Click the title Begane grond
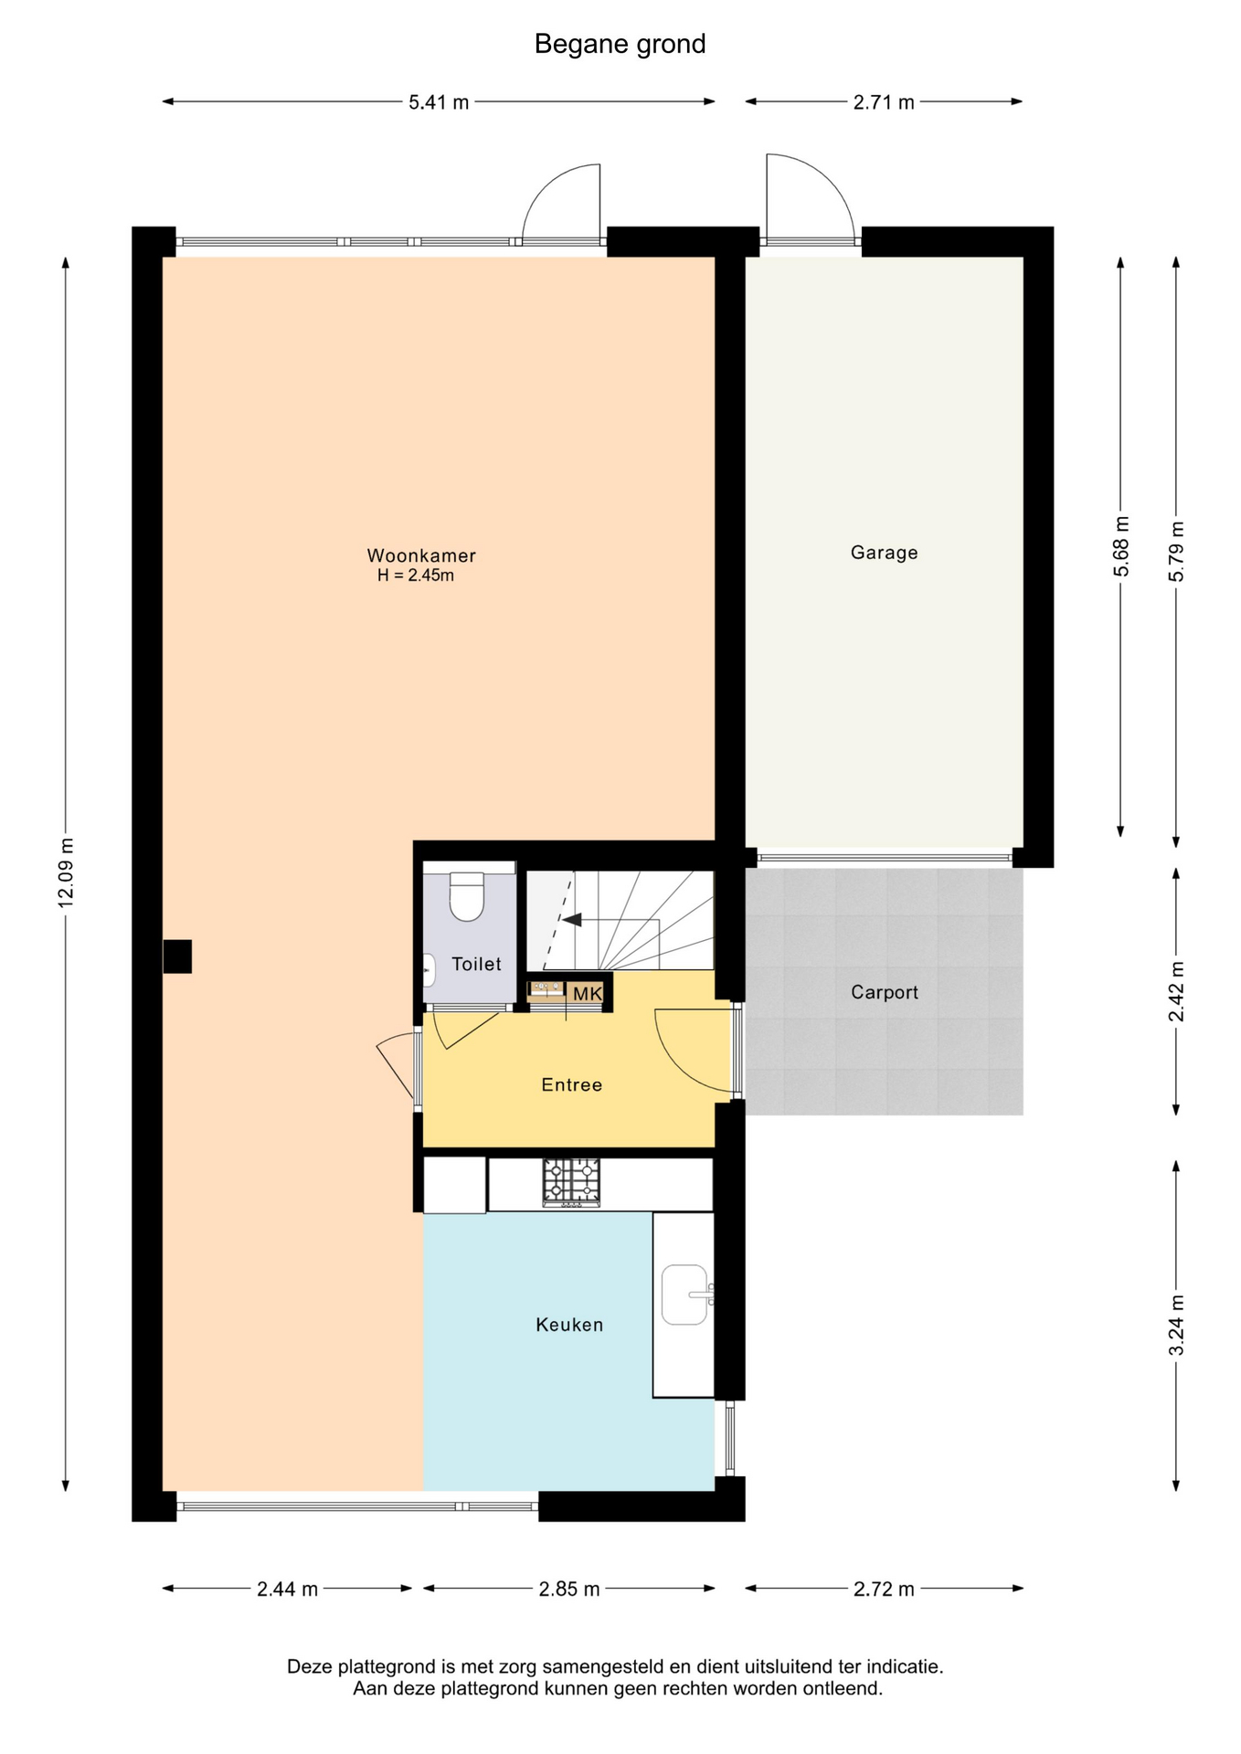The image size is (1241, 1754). [x=620, y=45]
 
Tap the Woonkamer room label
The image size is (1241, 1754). [x=421, y=555]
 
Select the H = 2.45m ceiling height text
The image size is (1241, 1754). [x=416, y=576]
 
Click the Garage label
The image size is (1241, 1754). [x=884, y=553]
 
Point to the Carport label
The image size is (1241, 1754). [x=884, y=992]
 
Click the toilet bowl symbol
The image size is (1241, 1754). [x=467, y=896]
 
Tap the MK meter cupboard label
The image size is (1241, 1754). [x=588, y=993]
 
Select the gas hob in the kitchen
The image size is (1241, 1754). [x=572, y=1182]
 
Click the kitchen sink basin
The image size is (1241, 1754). [x=684, y=1294]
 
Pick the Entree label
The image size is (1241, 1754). [x=572, y=1085]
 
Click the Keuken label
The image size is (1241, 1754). [x=569, y=1325]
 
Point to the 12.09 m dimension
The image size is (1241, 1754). [x=66, y=872]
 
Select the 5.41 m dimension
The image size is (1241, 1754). [x=439, y=102]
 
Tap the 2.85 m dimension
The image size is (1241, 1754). [x=569, y=1589]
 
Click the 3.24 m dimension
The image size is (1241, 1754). [x=1176, y=1326]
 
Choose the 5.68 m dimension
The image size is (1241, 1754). [x=1121, y=546]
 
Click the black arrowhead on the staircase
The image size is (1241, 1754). [x=572, y=920]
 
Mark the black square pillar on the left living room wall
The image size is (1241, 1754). [x=177, y=956]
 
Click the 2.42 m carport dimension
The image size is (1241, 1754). [x=1176, y=992]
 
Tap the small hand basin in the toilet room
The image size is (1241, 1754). [x=429, y=970]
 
